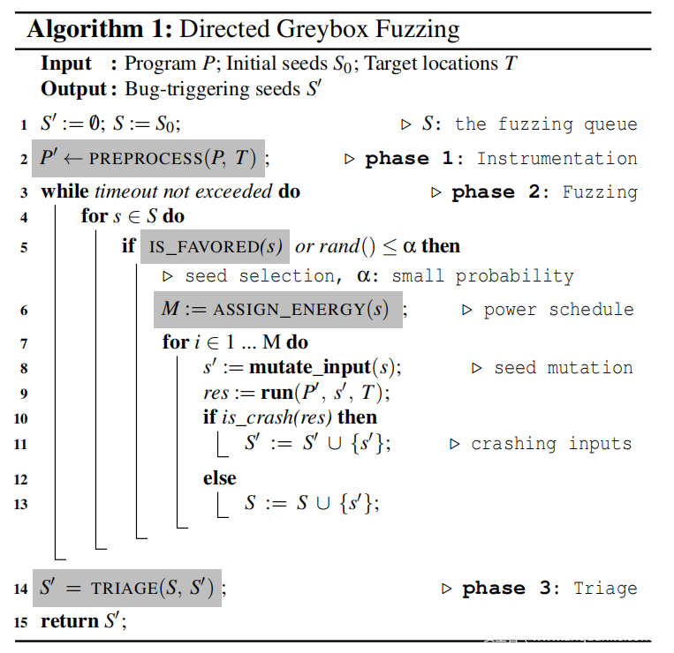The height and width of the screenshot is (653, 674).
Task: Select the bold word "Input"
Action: coord(66,64)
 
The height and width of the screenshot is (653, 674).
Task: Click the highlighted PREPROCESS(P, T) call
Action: coord(148,159)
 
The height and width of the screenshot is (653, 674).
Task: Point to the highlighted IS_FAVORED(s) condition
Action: coord(215,245)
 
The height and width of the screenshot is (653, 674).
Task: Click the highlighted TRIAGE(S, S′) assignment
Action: coord(128,589)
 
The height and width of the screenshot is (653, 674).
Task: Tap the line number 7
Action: coord(23,342)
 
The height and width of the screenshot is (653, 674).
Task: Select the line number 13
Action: coord(19,504)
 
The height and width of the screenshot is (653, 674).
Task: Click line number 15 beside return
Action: coord(19,622)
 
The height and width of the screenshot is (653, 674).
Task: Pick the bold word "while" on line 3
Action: coord(65,191)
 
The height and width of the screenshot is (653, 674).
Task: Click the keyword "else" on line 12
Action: coord(220,478)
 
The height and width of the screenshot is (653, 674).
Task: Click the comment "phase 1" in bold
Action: coord(409,159)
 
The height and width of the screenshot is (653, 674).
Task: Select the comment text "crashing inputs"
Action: coord(551,444)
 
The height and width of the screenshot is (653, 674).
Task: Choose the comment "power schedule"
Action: coord(558,310)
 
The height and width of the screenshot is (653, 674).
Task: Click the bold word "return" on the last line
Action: coord(70,621)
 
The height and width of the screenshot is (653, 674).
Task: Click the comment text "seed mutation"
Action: coord(563,368)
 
